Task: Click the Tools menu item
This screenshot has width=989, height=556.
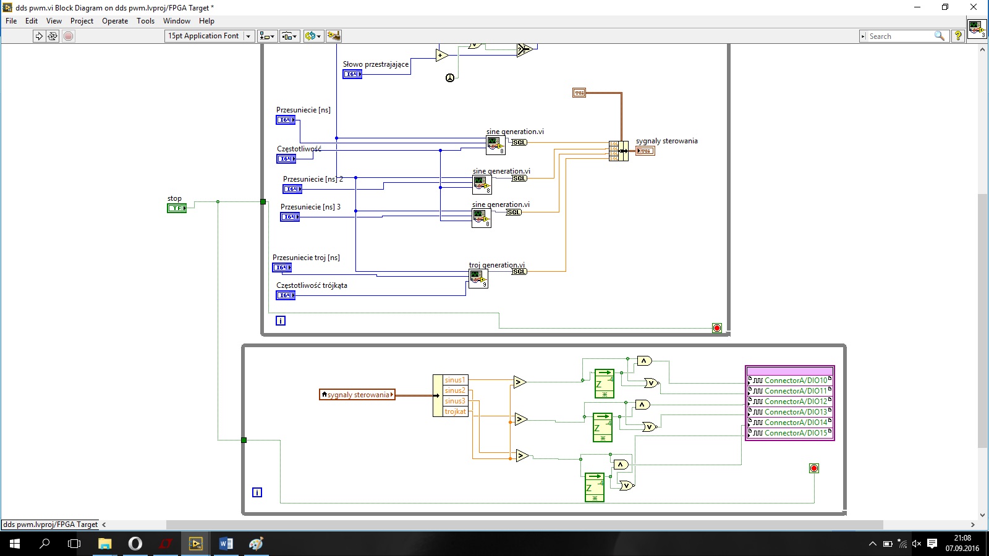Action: point(145,21)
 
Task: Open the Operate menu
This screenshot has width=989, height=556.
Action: point(115,21)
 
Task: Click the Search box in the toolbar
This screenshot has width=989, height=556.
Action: point(901,36)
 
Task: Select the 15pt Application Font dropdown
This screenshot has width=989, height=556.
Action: point(210,36)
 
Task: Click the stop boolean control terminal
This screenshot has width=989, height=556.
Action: point(177,208)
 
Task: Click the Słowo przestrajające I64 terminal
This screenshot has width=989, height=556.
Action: point(352,74)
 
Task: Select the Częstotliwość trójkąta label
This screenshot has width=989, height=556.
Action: point(312,285)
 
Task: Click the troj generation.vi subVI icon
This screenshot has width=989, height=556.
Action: point(478,279)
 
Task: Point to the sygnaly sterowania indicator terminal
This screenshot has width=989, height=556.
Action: point(645,151)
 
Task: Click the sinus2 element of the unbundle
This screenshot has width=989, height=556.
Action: point(455,390)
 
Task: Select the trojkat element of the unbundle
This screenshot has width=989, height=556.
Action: point(455,411)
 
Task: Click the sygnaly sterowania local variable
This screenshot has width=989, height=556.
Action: point(357,395)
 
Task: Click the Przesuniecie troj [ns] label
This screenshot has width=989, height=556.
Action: point(306,258)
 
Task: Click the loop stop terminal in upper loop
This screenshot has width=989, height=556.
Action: point(717,328)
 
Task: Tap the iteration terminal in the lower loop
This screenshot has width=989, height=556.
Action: point(257,492)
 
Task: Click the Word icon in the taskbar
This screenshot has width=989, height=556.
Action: point(226,544)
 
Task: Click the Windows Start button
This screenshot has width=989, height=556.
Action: point(15,544)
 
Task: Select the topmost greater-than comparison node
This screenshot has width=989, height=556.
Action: point(520,382)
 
